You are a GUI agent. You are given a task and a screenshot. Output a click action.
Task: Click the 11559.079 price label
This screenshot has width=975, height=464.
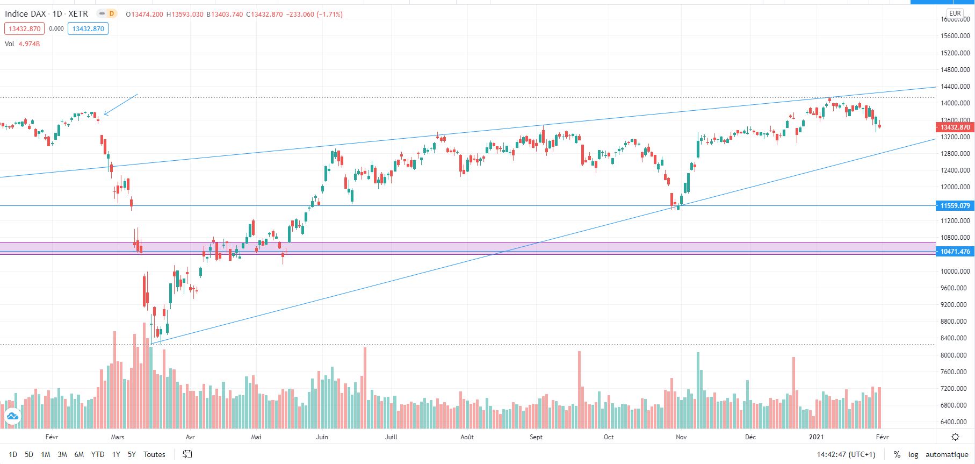coord(955,205)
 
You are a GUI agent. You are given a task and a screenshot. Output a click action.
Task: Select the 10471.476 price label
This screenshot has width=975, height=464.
coord(955,252)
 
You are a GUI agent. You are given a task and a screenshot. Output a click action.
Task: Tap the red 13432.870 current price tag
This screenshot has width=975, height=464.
coord(955,127)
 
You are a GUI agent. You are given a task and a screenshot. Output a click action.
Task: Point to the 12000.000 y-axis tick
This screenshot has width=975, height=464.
coord(955,187)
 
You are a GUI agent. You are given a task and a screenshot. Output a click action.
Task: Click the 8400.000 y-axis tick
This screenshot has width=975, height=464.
coord(955,338)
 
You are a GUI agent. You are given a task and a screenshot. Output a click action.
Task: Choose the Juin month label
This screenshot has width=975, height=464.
coord(322,437)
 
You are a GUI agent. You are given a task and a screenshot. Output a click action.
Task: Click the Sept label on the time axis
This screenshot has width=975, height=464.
coord(536,437)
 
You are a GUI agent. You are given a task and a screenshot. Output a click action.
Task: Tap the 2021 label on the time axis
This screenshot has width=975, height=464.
coord(816,437)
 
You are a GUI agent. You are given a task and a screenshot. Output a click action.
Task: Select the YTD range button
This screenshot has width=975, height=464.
coord(97,454)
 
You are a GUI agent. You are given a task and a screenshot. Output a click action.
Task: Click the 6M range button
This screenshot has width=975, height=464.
coord(79,454)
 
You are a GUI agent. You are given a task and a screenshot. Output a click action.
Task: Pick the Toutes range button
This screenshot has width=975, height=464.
coord(154,454)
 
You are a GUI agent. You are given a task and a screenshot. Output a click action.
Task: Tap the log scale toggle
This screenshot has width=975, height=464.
coord(913,454)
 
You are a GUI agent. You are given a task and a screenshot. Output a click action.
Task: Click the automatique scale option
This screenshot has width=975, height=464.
coord(947,454)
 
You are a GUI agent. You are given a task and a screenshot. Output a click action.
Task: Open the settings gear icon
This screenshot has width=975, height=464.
coord(955,437)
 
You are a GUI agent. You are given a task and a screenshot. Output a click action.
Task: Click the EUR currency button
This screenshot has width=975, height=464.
coord(955,13)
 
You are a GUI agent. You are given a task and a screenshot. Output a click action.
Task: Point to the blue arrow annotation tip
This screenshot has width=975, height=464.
coord(105,114)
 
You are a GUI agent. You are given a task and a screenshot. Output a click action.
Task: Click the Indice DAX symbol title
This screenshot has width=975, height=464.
coord(25,14)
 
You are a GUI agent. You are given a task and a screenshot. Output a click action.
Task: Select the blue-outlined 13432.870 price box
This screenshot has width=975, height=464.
coord(88,28)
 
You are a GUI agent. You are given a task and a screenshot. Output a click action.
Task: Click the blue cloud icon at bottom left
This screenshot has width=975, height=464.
coord(12,416)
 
